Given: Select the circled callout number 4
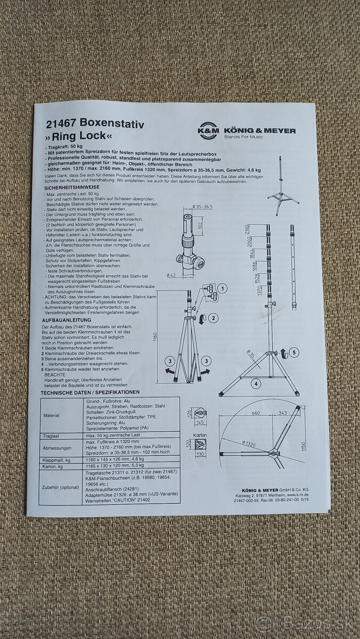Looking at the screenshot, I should [256, 383].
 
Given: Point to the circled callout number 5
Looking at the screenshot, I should [295, 351].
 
